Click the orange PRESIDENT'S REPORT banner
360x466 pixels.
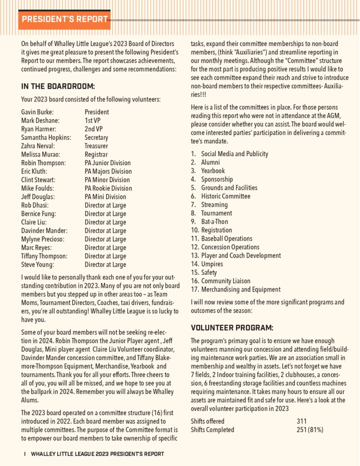pos(64,19)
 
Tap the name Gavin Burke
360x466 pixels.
pos(37,112)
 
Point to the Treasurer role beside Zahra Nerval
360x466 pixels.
pos(96,146)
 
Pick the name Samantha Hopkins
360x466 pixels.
pos(46,137)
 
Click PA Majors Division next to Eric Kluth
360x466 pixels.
pos(108,172)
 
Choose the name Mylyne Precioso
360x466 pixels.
pos(43,239)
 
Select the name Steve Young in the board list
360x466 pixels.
pos(37,264)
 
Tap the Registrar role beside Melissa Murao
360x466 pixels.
pos(96,155)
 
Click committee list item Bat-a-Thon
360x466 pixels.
pos(214,222)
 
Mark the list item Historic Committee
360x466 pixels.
pos(225,196)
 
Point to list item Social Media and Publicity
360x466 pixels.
pos(234,154)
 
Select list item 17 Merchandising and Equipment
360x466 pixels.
pos(240,289)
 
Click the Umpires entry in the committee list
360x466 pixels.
pos(212,264)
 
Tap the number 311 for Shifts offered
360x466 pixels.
pos(302,421)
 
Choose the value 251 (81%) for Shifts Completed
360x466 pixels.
pos(310,430)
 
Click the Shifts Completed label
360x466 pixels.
pos(213,430)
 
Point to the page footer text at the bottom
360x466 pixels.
pos(97,454)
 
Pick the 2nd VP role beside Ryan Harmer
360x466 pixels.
pos(94,129)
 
